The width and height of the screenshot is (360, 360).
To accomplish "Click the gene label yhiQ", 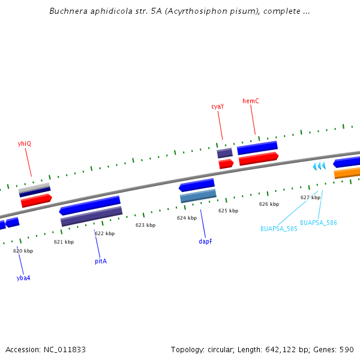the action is [25, 143].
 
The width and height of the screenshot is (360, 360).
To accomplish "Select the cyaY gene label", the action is [217, 106].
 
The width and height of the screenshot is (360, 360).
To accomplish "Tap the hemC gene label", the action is [251, 101].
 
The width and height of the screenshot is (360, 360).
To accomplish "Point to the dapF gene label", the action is [205, 241].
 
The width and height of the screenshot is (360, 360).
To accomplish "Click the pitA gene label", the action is [101, 261].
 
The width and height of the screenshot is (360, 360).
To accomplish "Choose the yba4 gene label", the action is [23, 278].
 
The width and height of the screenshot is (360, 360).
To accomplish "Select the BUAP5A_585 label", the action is [278, 229].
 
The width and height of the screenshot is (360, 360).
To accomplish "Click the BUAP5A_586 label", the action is [318, 223].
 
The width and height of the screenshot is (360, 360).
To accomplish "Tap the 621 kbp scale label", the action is [64, 242].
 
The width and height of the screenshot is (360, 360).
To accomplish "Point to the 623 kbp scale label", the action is [145, 225].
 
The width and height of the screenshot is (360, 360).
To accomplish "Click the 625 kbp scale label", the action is [228, 211].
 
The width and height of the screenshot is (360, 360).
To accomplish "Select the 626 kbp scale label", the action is [269, 204].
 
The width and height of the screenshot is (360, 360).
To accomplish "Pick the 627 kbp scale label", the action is [310, 197].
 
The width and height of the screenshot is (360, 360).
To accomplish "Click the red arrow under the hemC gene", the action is [259, 159].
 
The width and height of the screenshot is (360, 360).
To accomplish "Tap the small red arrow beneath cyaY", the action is [226, 163].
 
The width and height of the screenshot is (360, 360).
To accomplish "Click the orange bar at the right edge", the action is [347, 173].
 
